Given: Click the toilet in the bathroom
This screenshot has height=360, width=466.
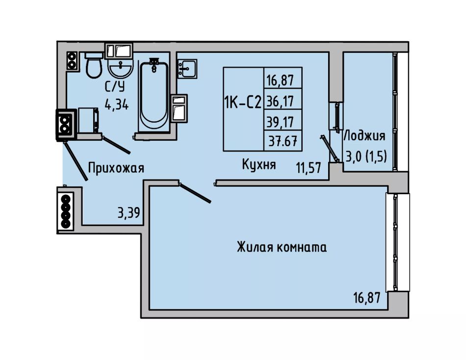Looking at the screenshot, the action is (94, 65).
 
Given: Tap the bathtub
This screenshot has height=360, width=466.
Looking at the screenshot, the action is (154, 95).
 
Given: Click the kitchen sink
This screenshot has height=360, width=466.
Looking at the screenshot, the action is (187, 69).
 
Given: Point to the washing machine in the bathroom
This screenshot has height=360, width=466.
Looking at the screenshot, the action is (88, 120).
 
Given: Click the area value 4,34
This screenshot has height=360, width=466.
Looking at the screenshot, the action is (116, 104).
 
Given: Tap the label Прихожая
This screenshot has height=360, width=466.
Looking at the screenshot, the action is (116, 168).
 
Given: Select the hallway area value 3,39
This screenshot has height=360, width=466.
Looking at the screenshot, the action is (129, 213).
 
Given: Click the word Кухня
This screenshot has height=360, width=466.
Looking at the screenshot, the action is (259, 164).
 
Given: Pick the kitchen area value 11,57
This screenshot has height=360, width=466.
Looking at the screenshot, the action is (309, 168).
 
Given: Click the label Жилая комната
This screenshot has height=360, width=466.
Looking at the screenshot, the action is (282, 247).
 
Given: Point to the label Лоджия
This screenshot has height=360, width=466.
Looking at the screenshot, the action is (364, 136).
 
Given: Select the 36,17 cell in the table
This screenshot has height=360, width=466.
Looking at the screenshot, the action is (280, 102).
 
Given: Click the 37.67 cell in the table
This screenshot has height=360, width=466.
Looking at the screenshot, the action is (283, 141).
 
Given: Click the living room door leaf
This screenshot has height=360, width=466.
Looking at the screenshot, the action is (195, 193).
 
